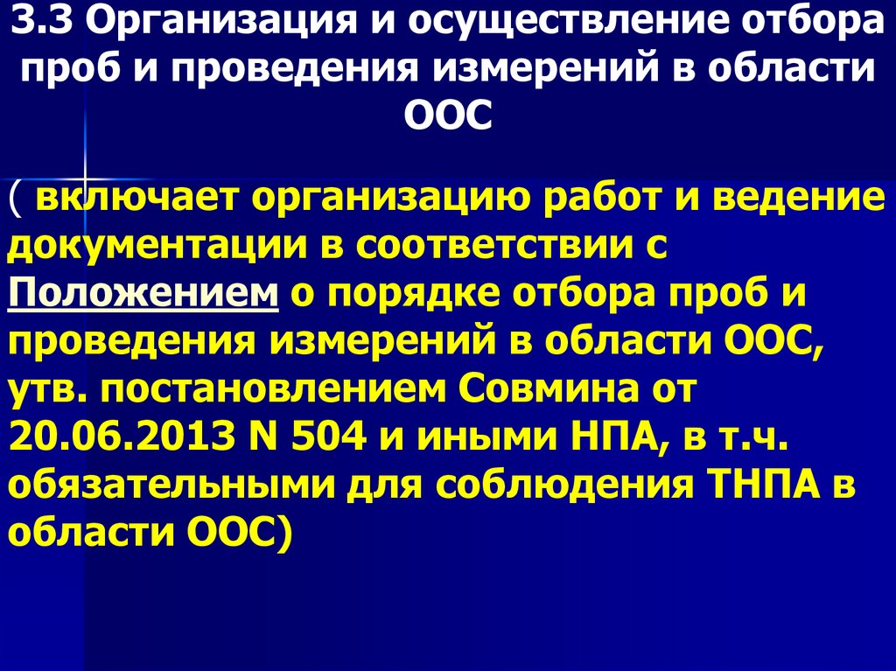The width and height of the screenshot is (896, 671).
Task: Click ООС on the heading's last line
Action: pyautogui.click(x=448, y=115)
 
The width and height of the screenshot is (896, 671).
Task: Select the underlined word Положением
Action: pyautogui.click(x=143, y=295)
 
